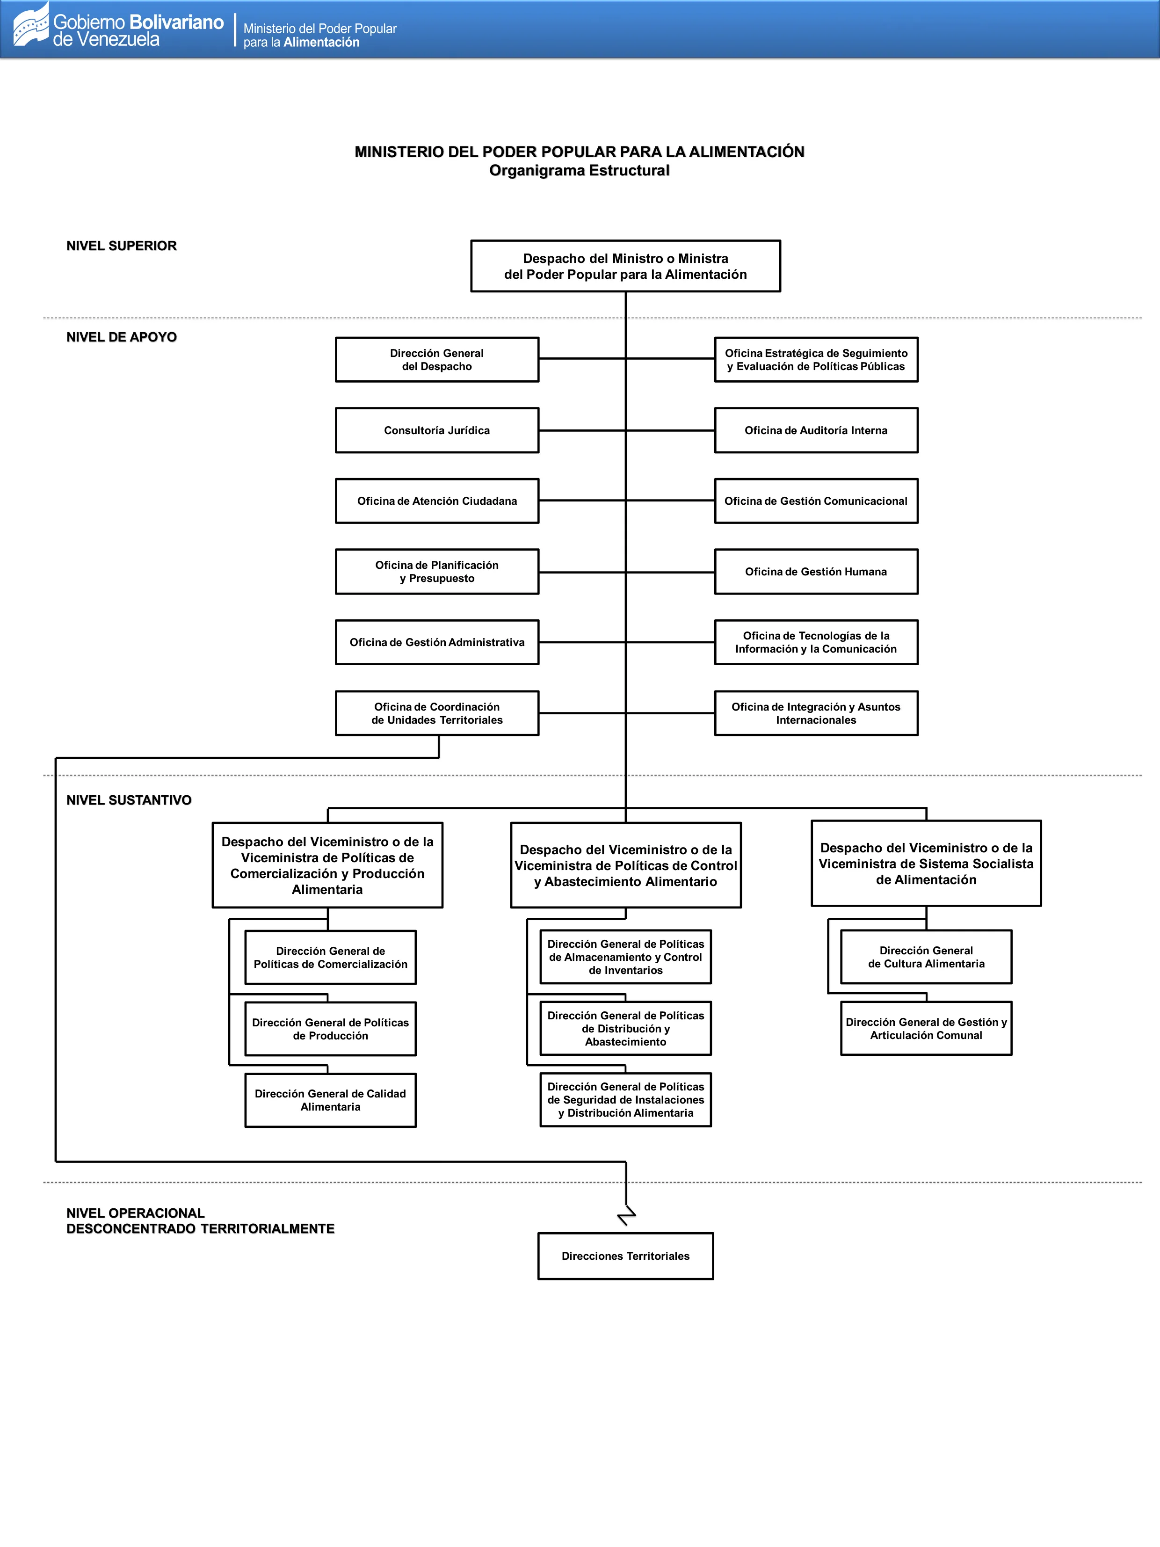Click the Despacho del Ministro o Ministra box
point(625,266)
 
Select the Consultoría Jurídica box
point(437,430)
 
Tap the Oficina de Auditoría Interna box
point(816,430)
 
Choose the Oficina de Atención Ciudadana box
point(437,501)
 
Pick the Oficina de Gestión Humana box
point(816,571)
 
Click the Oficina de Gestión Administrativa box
point(437,642)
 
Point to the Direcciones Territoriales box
point(625,1256)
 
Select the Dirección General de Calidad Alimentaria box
point(330,1100)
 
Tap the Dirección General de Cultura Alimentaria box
point(926,957)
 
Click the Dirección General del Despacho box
point(437,359)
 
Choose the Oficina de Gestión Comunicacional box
point(816,501)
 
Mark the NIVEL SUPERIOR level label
point(122,246)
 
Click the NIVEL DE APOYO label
point(122,337)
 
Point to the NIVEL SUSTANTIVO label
point(129,800)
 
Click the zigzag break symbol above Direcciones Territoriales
point(626,1215)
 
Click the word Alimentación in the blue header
point(322,43)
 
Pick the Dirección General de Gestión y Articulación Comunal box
point(926,1028)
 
